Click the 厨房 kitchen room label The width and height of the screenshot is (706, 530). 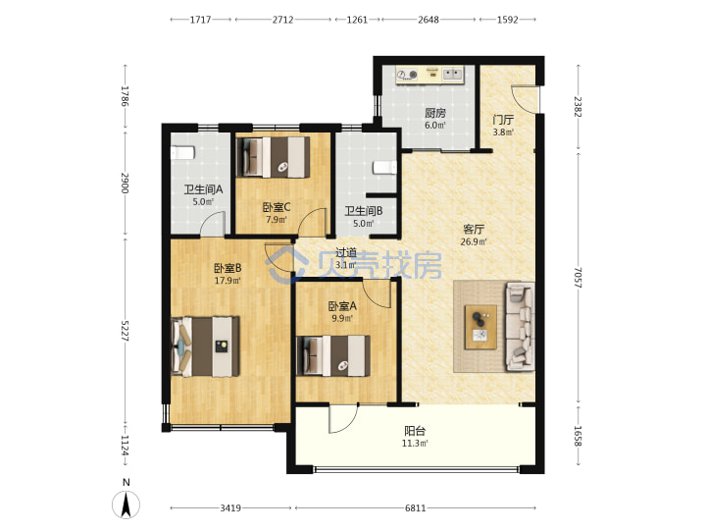[435, 113]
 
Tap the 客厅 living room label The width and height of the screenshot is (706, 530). [474, 229]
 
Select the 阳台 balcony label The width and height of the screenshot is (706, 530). [415, 431]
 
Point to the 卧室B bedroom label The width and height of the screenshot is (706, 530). [227, 268]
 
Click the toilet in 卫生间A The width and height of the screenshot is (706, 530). [182, 152]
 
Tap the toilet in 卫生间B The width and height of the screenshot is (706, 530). [385, 167]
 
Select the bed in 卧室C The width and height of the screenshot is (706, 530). [274, 157]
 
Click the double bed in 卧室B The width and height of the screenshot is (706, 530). [205, 346]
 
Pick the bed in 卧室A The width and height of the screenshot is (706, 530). [333, 355]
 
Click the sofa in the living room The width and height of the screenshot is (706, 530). [521, 326]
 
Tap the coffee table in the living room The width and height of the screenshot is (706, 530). [480, 327]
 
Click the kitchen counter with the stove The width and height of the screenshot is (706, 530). [429, 75]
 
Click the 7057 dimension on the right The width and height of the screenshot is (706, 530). [579, 278]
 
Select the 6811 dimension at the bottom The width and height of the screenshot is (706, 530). [415, 508]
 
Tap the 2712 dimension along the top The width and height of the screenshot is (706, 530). [282, 20]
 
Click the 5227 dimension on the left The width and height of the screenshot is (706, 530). [126, 331]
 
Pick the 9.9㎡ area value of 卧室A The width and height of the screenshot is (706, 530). [342, 318]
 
